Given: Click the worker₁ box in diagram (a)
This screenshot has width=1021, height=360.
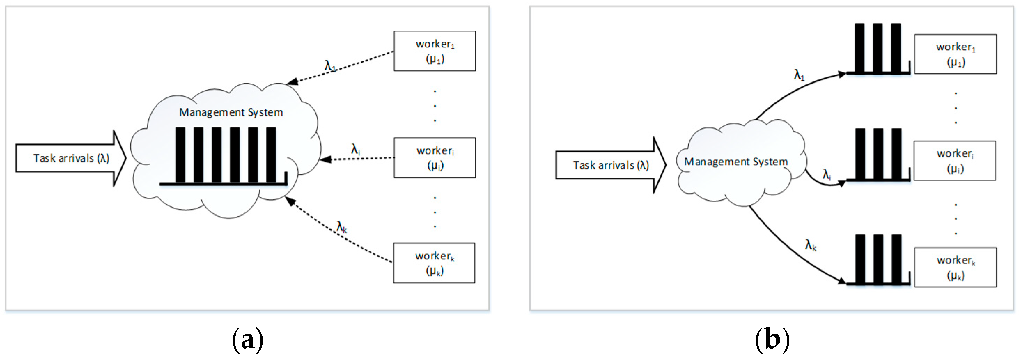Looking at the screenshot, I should click(434, 51).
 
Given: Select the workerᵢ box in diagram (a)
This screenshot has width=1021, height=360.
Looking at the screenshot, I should click(434, 157).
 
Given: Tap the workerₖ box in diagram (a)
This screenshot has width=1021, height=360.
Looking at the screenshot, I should click(434, 263).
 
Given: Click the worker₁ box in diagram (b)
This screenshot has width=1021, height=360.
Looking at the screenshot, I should click(955, 54).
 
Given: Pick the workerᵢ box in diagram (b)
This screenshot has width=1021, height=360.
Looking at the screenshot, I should click(954, 161).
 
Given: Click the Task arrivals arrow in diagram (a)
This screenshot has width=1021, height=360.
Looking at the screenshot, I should click(71, 158).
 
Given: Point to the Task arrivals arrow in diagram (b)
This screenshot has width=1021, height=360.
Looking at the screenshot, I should click(610, 165).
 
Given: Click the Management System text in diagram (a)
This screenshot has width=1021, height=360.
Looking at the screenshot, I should click(231, 112).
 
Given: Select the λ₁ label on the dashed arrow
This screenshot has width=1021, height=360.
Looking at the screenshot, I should click(330, 65).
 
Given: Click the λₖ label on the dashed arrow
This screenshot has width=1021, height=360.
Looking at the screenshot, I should click(341, 227).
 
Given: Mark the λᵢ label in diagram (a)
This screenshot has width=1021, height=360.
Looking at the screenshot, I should click(355, 149).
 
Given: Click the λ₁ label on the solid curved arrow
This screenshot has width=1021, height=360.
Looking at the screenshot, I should click(799, 75).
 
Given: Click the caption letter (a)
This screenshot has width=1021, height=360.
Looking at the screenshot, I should click(247, 339).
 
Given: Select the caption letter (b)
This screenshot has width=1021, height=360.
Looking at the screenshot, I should click(772, 339).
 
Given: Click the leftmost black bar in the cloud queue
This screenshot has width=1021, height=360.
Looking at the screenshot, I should click(180, 155).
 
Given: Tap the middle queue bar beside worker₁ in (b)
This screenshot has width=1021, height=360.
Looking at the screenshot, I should click(878, 48).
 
